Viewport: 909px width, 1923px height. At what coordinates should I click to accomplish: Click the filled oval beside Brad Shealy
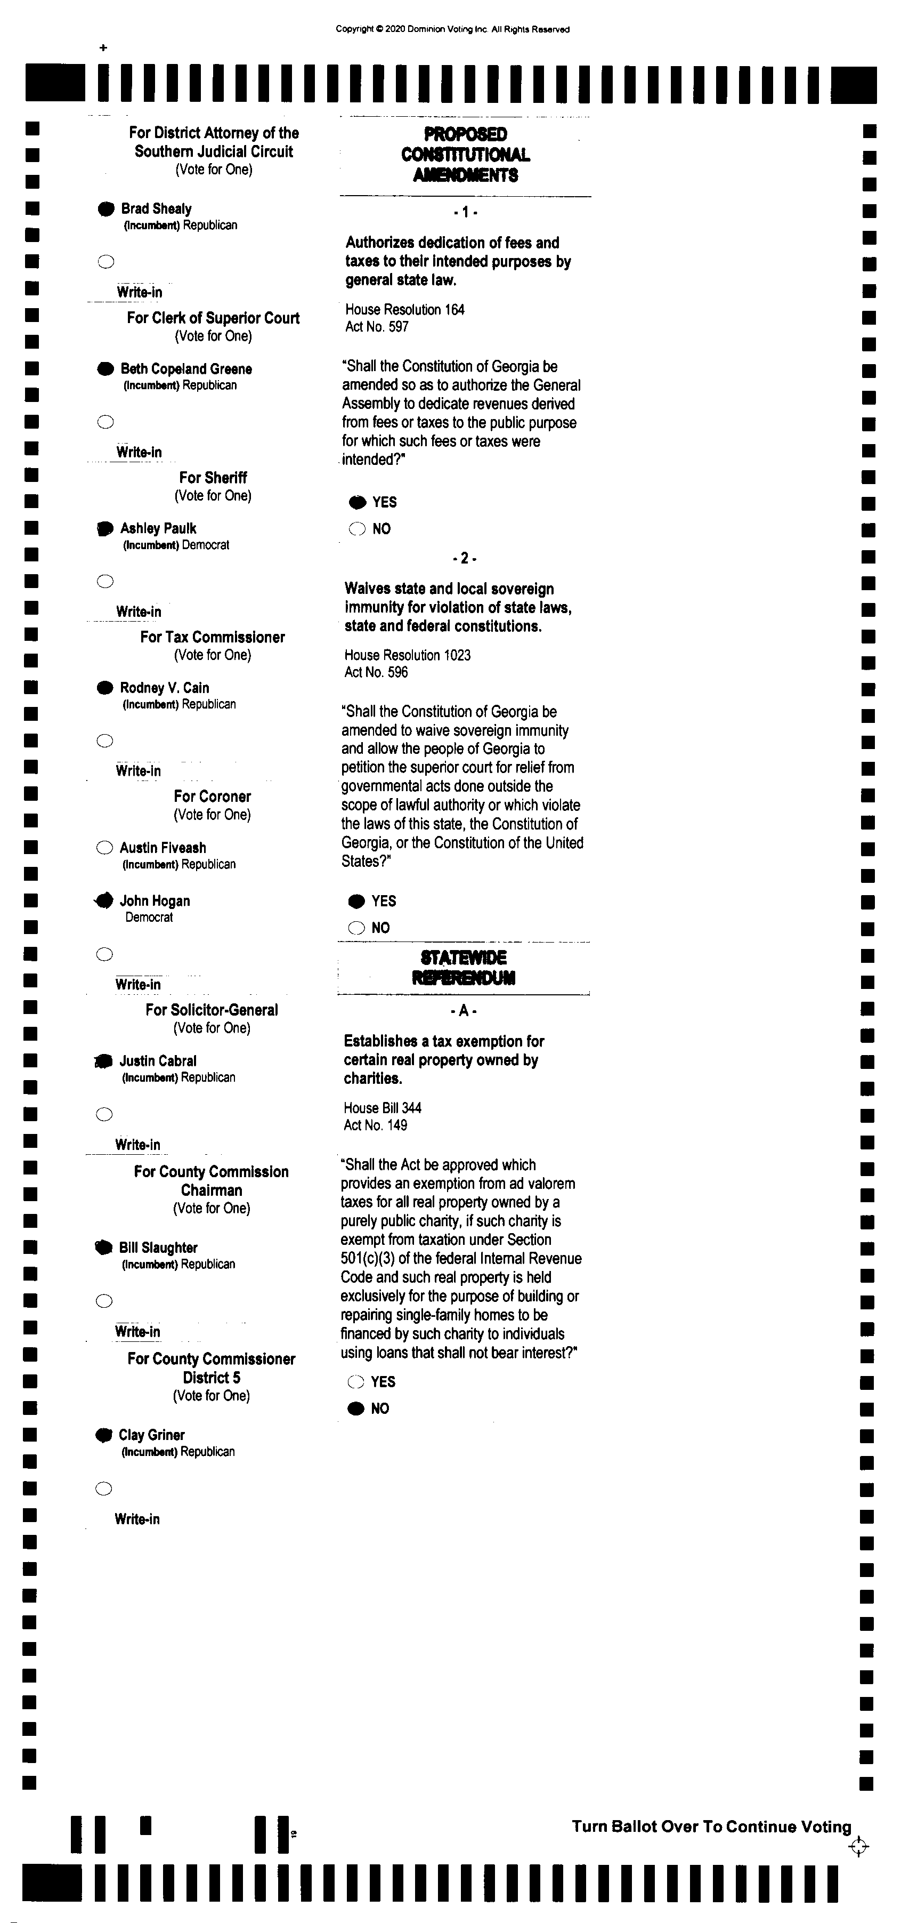point(107,209)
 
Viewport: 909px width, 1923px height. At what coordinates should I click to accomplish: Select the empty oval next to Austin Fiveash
point(104,847)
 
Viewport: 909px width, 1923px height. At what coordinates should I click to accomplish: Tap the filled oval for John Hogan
point(104,901)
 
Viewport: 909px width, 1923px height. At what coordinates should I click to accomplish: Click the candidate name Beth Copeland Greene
point(186,369)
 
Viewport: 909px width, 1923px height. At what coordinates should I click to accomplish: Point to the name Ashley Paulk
point(158,528)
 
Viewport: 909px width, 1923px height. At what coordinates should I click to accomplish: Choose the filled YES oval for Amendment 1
point(358,502)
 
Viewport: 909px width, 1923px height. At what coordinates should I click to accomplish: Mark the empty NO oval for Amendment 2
point(357,928)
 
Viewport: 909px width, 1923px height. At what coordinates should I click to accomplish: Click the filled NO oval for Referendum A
point(356,1409)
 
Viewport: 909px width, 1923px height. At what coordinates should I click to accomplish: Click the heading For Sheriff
point(213,478)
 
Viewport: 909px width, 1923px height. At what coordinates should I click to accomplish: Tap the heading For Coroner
point(212,796)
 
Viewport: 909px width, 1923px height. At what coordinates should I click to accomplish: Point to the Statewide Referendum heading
point(464,968)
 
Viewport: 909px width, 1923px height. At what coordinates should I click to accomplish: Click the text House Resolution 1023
point(408,655)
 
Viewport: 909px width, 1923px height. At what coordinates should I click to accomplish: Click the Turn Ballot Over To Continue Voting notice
point(711,1827)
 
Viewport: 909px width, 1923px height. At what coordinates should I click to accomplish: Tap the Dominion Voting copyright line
point(452,29)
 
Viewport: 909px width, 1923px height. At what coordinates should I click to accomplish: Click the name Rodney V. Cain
point(164,688)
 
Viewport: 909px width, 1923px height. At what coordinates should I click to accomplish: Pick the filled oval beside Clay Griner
point(104,1435)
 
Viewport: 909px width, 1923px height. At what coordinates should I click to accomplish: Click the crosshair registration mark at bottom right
point(858,1847)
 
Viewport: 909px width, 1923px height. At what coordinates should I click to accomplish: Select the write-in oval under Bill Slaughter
point(104,1301)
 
